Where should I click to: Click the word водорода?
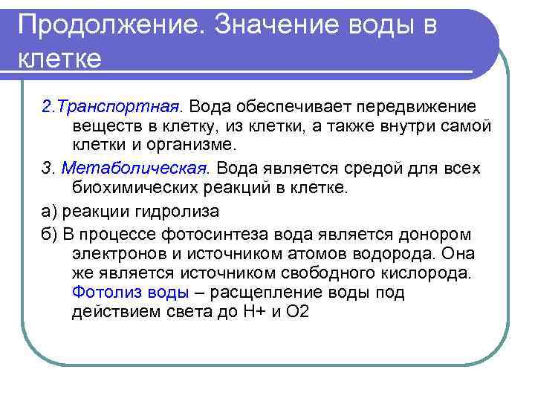click(366, 254)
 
